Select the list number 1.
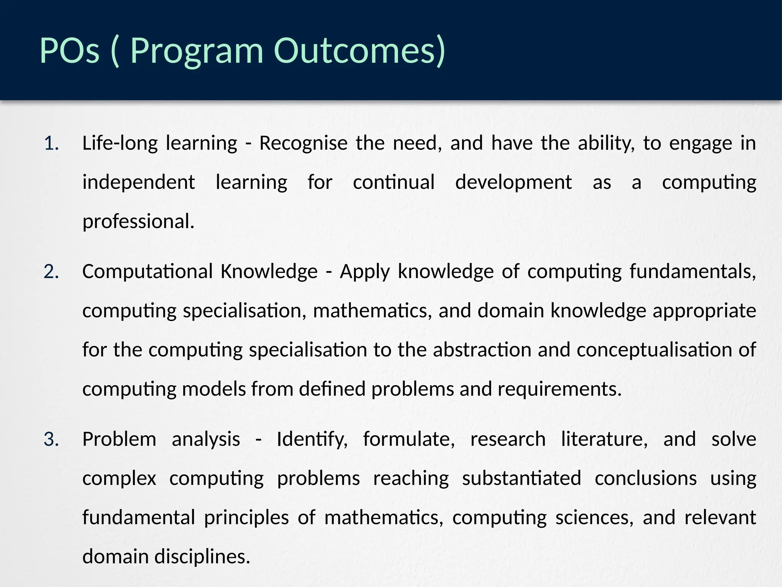tap(51, 144)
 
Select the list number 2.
tap(51, 272)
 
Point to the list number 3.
tap(51, 439)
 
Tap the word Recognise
tap(303, 144)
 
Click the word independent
tap(139, 183)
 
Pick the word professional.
tap(138, 222)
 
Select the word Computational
tap(147, 272)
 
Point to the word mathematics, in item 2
tap(373, 311)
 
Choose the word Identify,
tap(312, 439)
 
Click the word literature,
tap(604, 439)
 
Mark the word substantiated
tap(522, 478)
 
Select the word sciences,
tap(594, 518)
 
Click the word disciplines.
tap(202, 557)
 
